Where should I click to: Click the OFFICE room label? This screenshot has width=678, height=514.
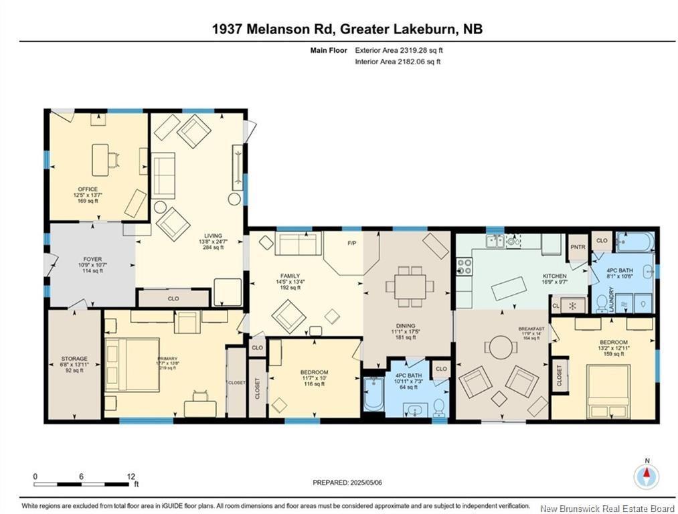click(x=87, y=189)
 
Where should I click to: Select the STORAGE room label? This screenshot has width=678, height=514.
click(x=74, y=359)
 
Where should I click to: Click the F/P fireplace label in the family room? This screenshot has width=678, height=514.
click(x=350, y=243)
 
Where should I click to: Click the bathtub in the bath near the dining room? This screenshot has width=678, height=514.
click(x=373, y=395)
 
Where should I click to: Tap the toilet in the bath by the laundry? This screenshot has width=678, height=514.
click(x=601, y=304)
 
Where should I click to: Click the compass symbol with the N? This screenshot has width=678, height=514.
click(x=647, y=476)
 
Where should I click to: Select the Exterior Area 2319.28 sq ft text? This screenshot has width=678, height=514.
click(x=399, y=50)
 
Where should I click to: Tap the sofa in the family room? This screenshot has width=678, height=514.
click(x=299, y=244)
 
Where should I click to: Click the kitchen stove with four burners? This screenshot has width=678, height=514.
click(x=464, y=267)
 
